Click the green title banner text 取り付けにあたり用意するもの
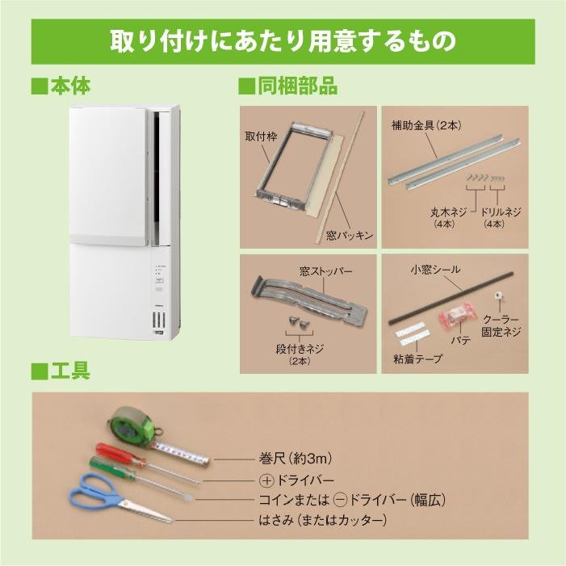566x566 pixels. pos(283,40)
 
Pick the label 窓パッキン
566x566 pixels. pos(348,235)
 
